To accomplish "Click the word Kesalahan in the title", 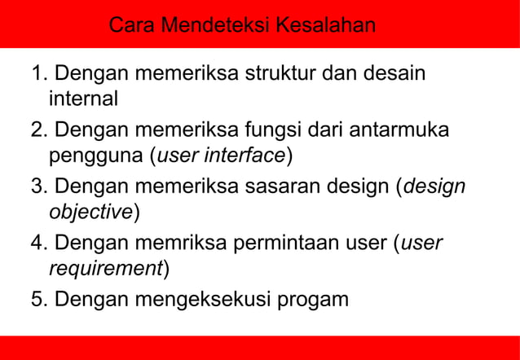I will pyautogui.click(x=326, y=25).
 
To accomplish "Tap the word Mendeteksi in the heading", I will pyautogui.click(x=216, y=25).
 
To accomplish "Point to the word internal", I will pyautogui.click(x=84, y=99).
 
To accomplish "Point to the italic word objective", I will pyautogui.click(x=90, y=212).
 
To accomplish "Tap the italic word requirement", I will pyautogui.click(x=106, y=268).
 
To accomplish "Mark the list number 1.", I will pyautogui.click(x=36, y=74).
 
